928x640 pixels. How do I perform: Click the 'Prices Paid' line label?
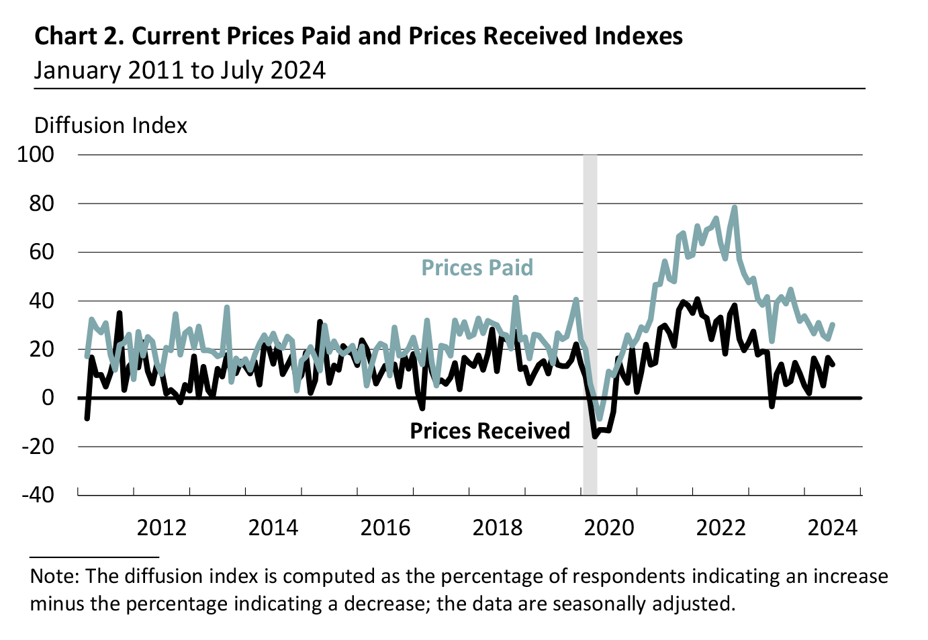click(477, 268)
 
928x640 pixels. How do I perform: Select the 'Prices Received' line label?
click(490, 430)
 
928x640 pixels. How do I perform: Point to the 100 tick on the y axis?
click(36, 154)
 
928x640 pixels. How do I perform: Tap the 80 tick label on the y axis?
click(42, 203)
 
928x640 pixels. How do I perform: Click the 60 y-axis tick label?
click(42, 253)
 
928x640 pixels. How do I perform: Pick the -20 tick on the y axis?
click(38, 447)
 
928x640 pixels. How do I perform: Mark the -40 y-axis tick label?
click(38, 495)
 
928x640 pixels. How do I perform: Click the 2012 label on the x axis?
click(161, 528)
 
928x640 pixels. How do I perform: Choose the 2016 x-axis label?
click(385, 528)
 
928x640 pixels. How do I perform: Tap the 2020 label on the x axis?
click(608, 528)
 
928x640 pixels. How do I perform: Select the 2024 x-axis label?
click(832, 528)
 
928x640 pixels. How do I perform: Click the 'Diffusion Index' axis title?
click(111, 126)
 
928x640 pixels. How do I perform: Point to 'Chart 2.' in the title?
click(79, 36)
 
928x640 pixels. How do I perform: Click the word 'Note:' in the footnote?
click(55, 576)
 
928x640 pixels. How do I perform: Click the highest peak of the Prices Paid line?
click(735, 208)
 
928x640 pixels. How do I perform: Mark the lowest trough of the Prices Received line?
click(594, 437)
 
